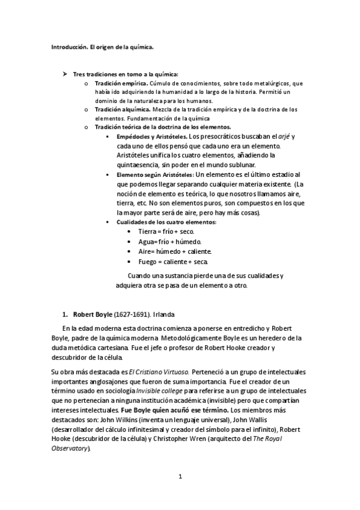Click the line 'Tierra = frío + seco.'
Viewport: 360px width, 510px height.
point(166,232)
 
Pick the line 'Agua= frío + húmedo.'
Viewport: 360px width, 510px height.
point(168,242)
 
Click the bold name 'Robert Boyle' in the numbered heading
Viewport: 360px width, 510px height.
point(93,315)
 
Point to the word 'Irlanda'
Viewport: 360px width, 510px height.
point(163,315)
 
